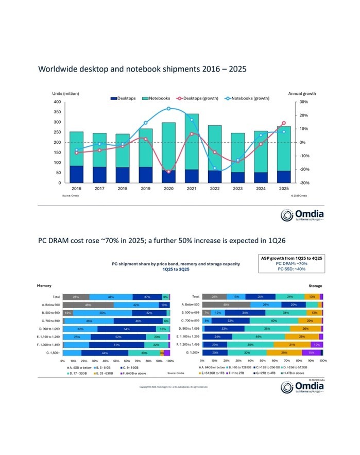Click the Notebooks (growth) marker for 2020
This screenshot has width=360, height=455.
(x=168, y=109)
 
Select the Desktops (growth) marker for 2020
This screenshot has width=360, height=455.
(x=168, y=172)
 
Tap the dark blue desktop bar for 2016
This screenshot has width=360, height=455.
(x=77, y=174)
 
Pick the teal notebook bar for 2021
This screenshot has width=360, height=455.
(x=192, y=142)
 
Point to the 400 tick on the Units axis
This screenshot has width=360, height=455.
(x=57, y=102)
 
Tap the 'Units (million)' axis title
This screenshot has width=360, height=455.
(x=65, y=93)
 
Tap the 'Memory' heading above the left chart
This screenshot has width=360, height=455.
(x=44, y=285)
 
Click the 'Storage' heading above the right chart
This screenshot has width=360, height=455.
(x=315, y=285)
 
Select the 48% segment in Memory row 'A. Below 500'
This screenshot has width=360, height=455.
(x=88, y=305)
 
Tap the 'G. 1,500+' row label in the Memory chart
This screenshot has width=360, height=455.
(x=51, y=352)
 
